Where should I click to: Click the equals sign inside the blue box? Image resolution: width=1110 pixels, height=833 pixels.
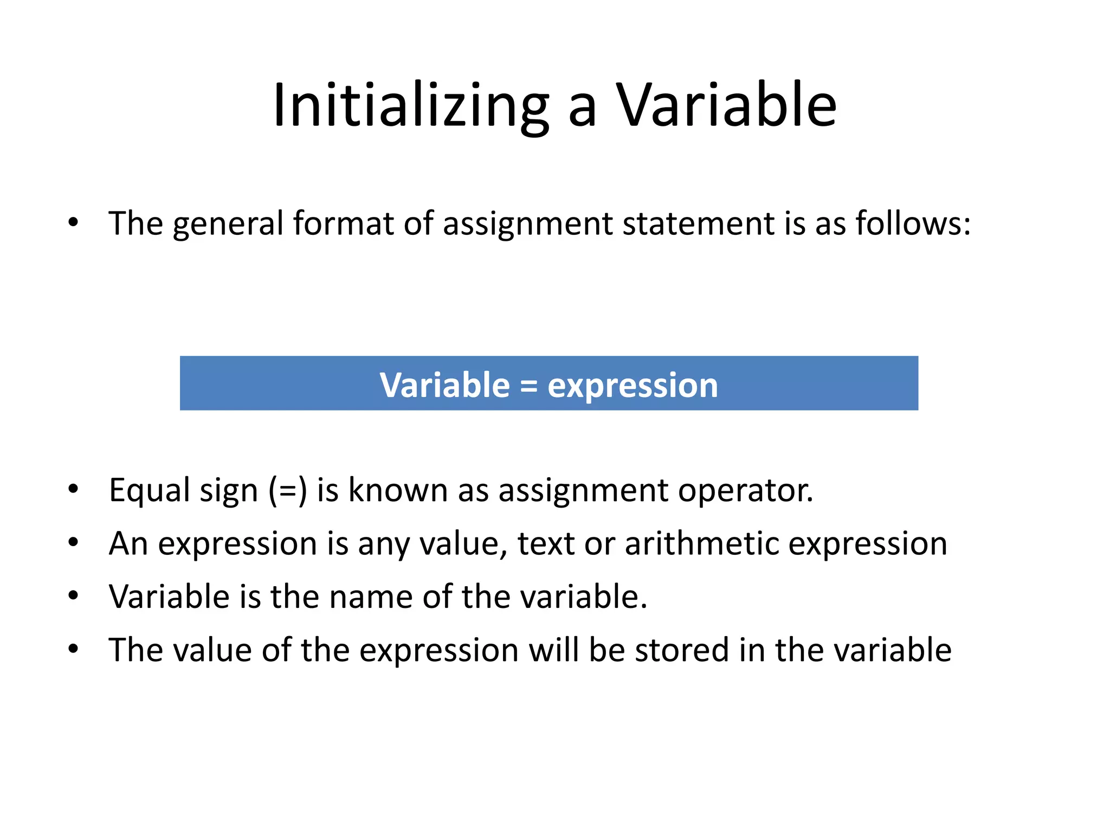(528, 386)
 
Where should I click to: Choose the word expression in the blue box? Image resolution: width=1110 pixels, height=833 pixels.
(633, 386)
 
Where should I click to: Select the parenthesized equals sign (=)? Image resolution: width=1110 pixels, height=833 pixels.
(288, 490)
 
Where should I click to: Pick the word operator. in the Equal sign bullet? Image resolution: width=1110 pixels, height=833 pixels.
(746, 490)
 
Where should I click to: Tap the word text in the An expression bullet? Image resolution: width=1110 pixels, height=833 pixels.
(546, 543)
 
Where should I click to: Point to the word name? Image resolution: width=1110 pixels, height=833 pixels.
(371, 597)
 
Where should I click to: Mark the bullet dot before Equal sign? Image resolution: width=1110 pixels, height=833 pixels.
(74, 489)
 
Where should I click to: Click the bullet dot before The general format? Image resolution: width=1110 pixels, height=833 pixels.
(74, 222)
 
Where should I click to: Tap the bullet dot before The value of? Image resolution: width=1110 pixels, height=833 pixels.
(74, 649)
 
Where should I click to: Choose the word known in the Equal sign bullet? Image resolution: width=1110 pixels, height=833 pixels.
(398, 490)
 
